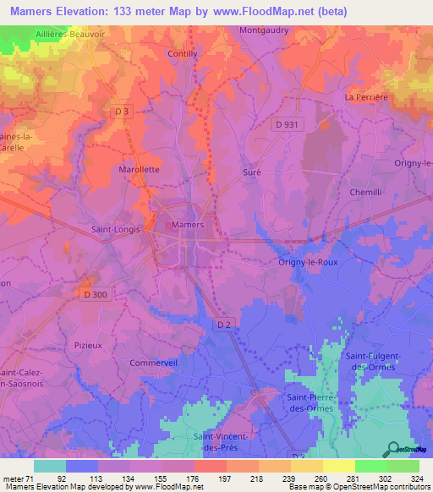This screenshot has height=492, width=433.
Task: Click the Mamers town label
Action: pyautogui.click(x=187, y=225)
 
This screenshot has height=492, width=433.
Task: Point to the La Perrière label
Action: pyautogui.click(x=365, y=97)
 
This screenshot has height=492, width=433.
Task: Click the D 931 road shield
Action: pyautogui.click(x=286, y=124)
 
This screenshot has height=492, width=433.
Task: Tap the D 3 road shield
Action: pyautogui.click(x=123, y=112)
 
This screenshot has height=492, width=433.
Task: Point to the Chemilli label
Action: pyautogui.click(x=366, y=193)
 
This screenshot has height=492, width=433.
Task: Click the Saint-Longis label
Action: pyautogui.click(x=115, y=228)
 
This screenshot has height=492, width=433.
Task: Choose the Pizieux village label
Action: pyautogui.click(x=88, y=345)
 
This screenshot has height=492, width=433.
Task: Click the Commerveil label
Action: pyautogui.click(x=152, y=363)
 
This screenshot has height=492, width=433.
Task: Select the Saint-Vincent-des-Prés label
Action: pyautogui.click(x=224, y=440)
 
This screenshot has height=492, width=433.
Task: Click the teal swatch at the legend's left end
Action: pyautogui.click(x=49, y=466)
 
